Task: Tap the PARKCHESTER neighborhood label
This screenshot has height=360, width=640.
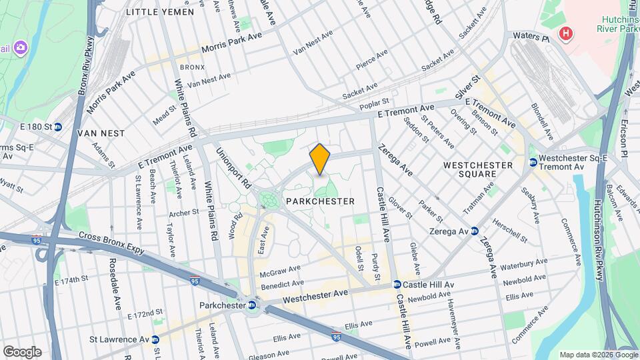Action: (x=319, y=201)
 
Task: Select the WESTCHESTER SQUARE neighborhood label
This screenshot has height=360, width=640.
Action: (x=478, y=169)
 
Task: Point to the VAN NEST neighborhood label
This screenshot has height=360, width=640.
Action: (x=101, y=133)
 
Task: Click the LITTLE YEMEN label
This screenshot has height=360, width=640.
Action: (x=160, y=12)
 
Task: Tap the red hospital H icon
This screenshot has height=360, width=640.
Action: (x=566, y=33)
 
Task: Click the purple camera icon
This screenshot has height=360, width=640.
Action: (x=21, y=47)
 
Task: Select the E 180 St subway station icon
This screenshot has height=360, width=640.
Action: (x=58, y=126)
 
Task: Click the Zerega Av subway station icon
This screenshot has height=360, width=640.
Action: (x=474, y=231)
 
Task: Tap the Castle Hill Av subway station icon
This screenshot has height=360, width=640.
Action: (x=397, y=285)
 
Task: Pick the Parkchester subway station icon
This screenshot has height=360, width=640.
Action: (x=252, y=305)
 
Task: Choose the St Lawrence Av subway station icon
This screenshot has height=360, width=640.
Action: (x=155, y=339)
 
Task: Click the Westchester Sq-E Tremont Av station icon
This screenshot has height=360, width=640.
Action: (x=533, y=162)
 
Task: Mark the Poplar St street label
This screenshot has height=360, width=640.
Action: (x=374, y=103)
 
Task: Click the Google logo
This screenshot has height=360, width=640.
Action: (x=22, y=351)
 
